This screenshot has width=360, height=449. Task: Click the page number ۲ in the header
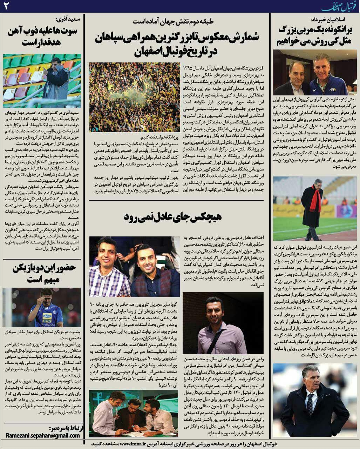click(6, 6)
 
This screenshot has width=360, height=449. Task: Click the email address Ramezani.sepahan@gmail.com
click(43, 435)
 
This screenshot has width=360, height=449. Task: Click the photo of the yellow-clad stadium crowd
click(135, 97)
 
